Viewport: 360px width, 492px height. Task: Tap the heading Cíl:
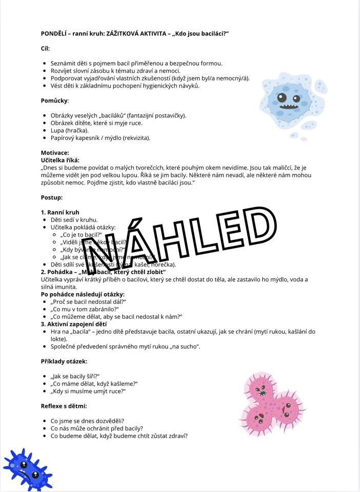pos(46,48)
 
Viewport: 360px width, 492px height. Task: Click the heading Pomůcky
pos(54,100)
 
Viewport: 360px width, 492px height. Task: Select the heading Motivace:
pos(55,153)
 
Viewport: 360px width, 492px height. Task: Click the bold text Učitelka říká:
pos(60,160)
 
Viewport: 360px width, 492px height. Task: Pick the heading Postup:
pos(52,197)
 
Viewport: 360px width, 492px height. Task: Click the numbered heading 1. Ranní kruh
pos(60,212)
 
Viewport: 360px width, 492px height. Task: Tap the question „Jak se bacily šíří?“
pos(75,376)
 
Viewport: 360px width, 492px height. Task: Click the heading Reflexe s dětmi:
pos(64,406)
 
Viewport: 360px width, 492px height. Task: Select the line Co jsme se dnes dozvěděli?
pos(87,421)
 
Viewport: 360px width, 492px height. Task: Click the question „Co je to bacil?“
pos(82,234)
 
